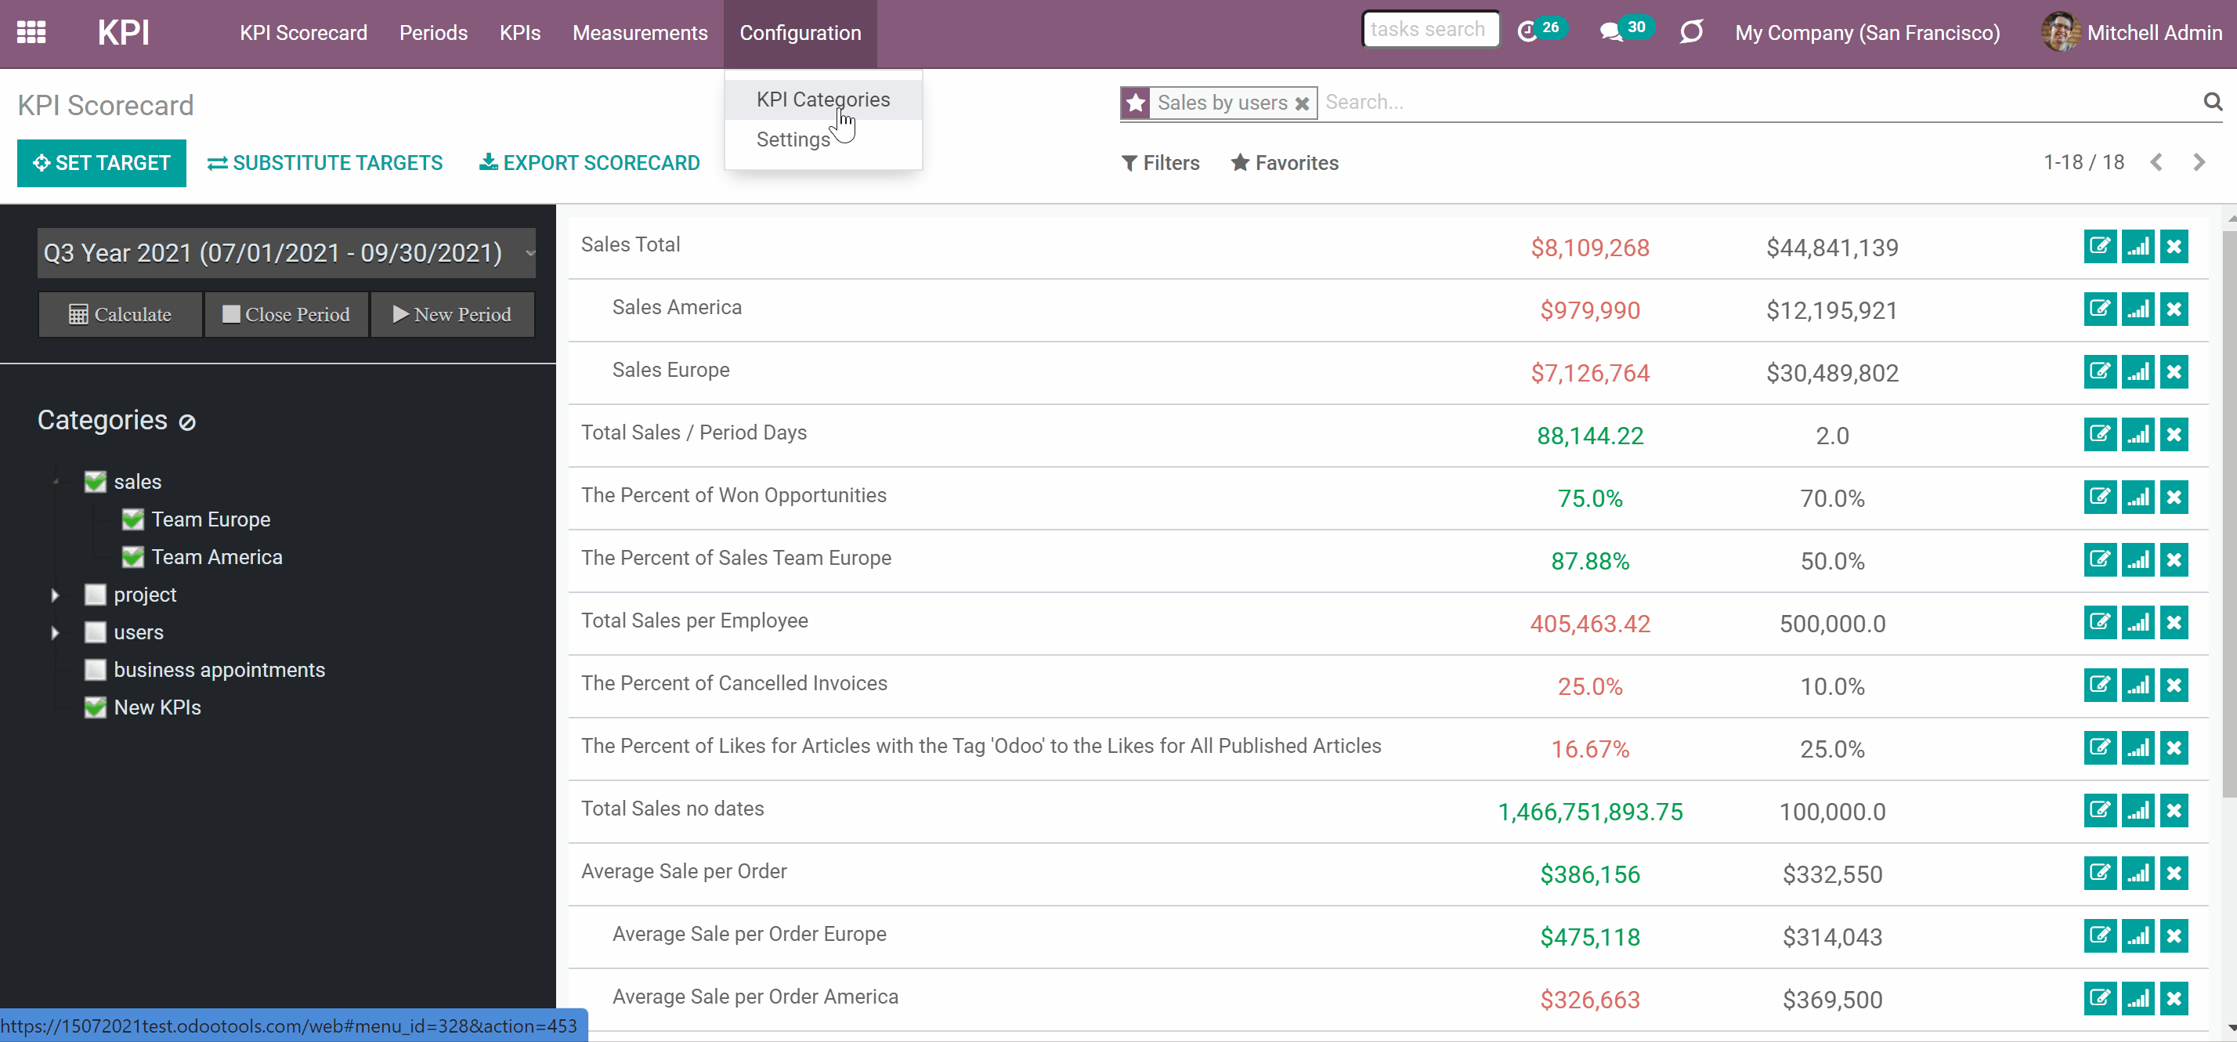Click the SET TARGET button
[102, 163]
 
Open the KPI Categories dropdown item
[822, 99]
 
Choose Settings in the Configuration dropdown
[793, 139]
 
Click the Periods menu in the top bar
[433, 33]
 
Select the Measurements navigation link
[640, 33]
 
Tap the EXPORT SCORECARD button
[590, 163]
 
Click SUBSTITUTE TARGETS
[325, 163]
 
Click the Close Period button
[287, 314]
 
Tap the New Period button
[453, 314]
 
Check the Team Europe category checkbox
[133, 519]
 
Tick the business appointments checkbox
[96, 670]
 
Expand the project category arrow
[55, 595]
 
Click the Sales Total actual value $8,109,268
[1590, 248]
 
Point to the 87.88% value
[1590, 562]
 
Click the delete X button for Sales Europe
[2174, 371]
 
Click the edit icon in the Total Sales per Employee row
[2100, 623]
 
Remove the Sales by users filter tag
[1302, 103]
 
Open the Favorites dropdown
[1285, 163]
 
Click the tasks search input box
[1429, 30]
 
